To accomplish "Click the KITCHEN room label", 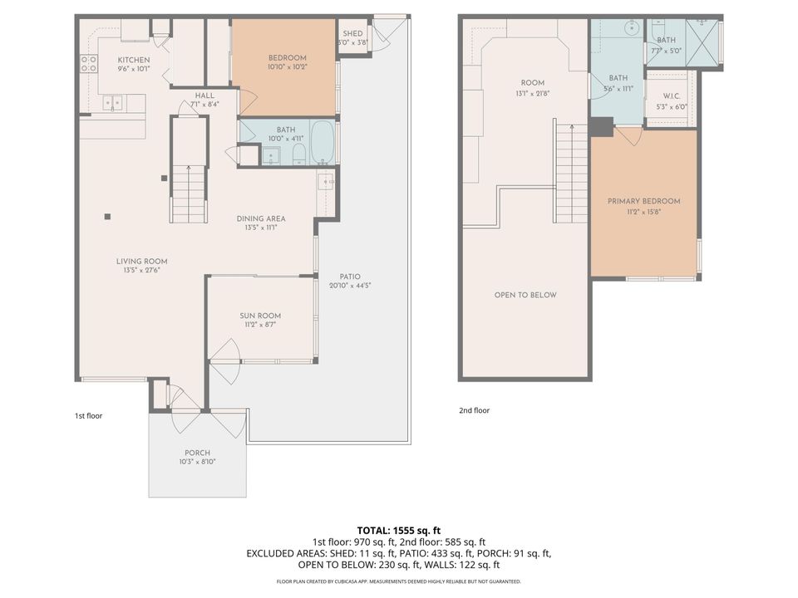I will click(x=133, y=61).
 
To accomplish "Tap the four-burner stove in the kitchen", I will click(x=88, y=63).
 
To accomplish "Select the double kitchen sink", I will click(x=112, y=103).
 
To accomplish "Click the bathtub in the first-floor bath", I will click(x=323, y=142).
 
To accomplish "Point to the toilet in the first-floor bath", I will click(x=298, y=154).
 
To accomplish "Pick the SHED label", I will click(x=352, y=33).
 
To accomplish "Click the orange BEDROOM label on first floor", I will click(x=287, y=58).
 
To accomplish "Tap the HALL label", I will click(x=204, y=96).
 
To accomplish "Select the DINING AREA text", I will click(x=261, y=218).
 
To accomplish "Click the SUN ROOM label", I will click(x=260, y=316).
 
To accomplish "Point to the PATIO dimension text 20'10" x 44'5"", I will click(x=349, y=286).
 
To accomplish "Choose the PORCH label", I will click(x=198, y=453).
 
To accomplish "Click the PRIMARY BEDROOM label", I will click(x=643, y=201).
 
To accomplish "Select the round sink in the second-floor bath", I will click(x=631, y=27).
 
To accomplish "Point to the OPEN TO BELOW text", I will click(x=525, y=295).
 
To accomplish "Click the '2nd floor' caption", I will click(x=474, y=410).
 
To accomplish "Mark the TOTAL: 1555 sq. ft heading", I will click(x=398, y=530).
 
